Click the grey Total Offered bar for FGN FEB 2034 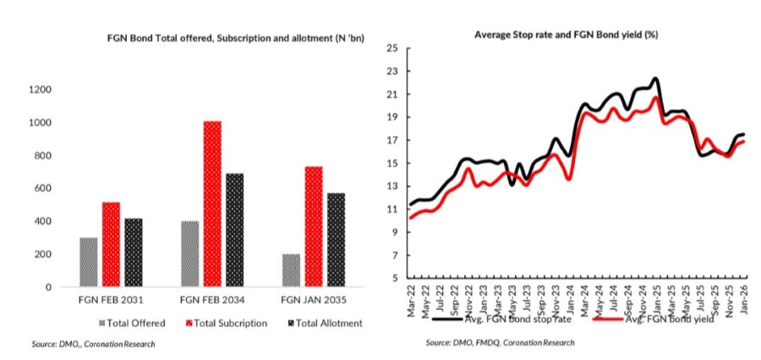point(190,254)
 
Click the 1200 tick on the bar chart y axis point(39,90)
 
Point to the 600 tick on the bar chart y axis point(41,188)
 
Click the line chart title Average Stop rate point(567,35)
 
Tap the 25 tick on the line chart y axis point(391,48)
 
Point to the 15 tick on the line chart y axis point(391,163)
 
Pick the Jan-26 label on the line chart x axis point(744,298)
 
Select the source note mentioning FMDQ point(500,342)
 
